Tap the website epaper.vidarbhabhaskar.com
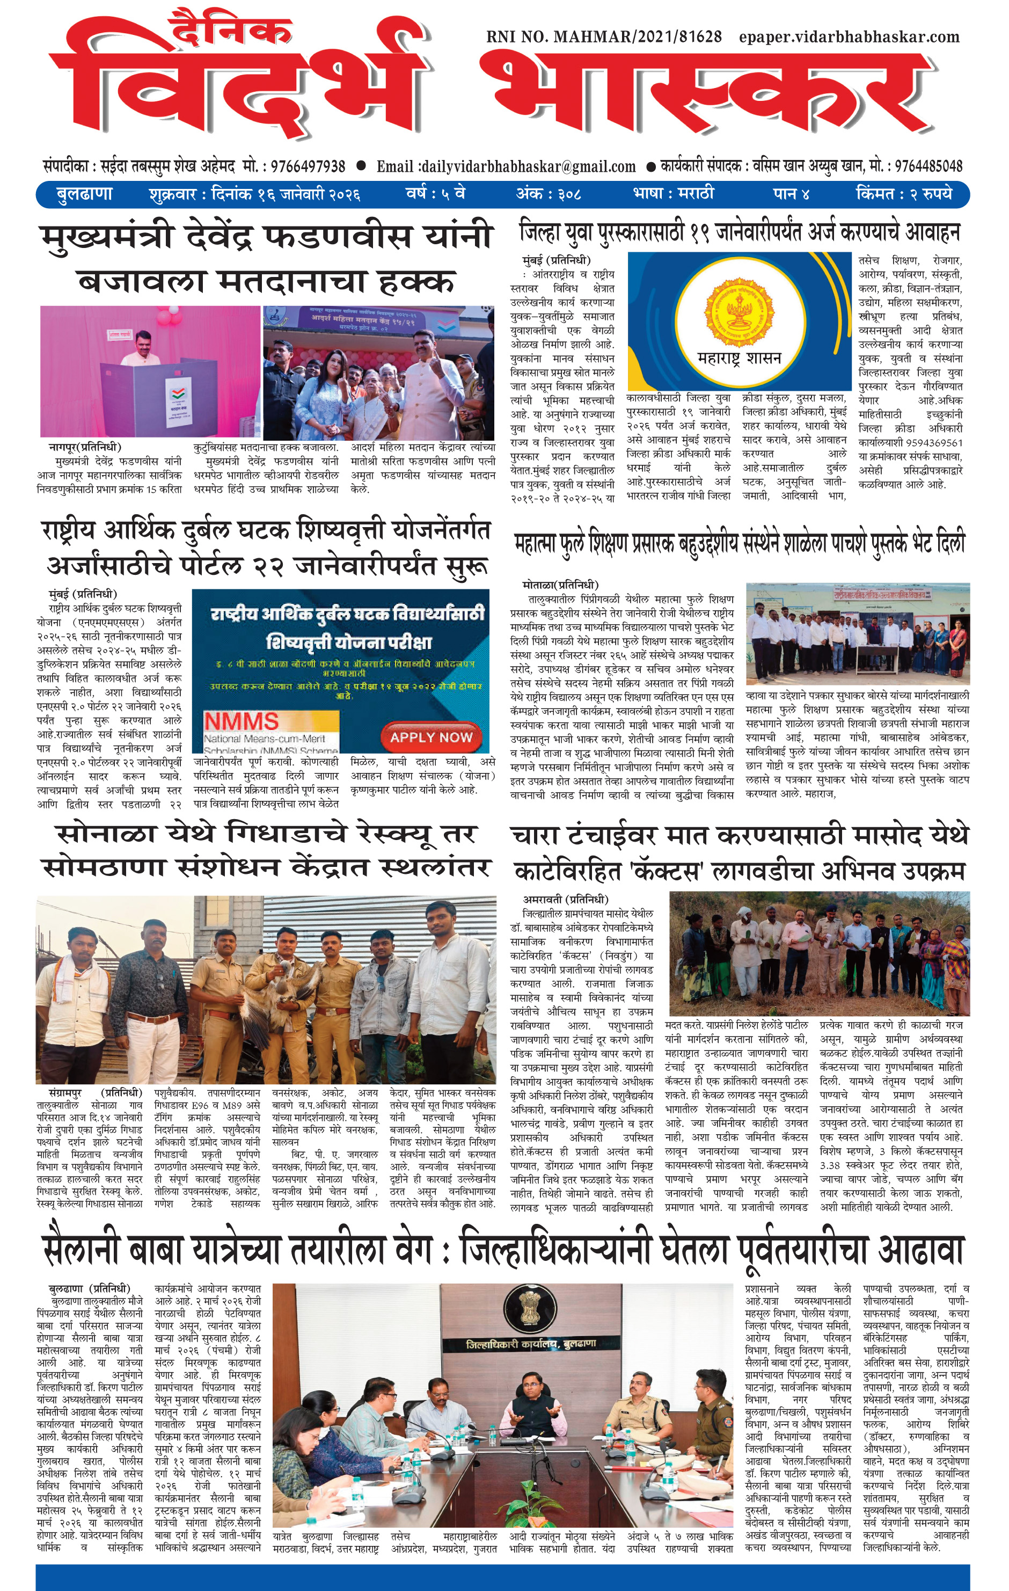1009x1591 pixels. [849, 37]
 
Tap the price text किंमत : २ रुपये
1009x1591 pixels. [904, 194]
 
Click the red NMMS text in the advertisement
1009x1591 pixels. [240, 721]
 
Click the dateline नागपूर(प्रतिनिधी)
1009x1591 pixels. [85, 447]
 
